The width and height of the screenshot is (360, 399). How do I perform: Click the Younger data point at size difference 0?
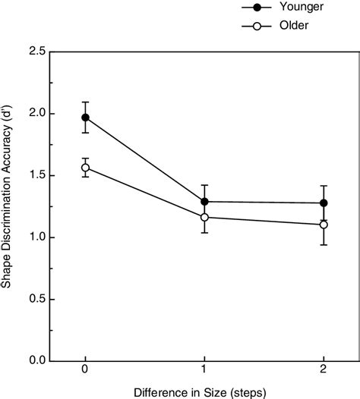[x=85, y=118]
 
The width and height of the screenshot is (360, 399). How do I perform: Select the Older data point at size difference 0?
[x=85, y=168]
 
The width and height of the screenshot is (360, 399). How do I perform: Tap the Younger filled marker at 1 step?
[x=204, y=202]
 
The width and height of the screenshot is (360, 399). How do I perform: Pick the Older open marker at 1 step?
[x=204, y=217]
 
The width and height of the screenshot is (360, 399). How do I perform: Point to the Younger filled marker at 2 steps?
[x=324, y=203]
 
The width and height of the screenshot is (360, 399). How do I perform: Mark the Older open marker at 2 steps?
[x=324, y=225]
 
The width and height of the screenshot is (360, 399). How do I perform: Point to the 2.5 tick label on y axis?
[x=34, y=52]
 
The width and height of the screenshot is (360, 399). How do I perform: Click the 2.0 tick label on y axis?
[x=34, y=114]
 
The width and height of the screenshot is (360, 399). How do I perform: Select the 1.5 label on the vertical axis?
[x=34, y=175]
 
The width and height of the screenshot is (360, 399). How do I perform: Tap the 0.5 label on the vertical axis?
[x=34, y=299]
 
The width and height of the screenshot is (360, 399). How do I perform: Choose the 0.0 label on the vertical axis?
[x=34, y=361]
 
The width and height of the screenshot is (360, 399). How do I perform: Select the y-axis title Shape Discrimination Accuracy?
[x=9, y=206]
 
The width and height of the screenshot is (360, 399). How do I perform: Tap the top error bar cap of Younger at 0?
[x=85, y=102]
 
